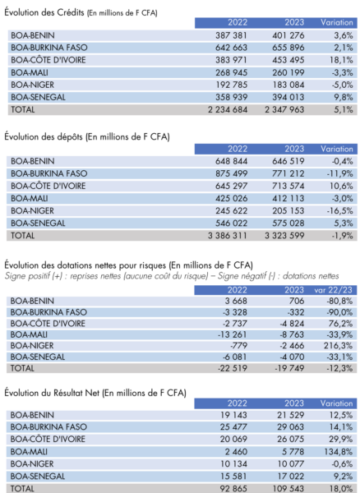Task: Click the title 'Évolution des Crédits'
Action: point(44,12)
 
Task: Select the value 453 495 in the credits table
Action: point(288,60)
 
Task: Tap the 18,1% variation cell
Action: point(341,60)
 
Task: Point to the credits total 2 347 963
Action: point(284,109)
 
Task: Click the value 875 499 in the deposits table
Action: point(231,173)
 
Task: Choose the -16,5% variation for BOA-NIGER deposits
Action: point(339,210)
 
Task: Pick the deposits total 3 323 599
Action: point(284,236)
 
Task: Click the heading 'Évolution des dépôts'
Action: point(44,136)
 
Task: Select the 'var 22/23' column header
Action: point(334,290)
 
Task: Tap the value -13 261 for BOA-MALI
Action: point(232,334)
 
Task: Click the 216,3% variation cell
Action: point(339,346)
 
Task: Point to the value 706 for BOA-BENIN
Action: point(297,301)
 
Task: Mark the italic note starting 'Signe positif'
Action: point(172,276)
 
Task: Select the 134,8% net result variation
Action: point(339,451)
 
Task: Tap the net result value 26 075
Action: point(290,439)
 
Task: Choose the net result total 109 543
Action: point(289,488)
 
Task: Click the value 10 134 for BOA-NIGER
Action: point(233,463)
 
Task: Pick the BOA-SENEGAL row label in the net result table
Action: point(38,476)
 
